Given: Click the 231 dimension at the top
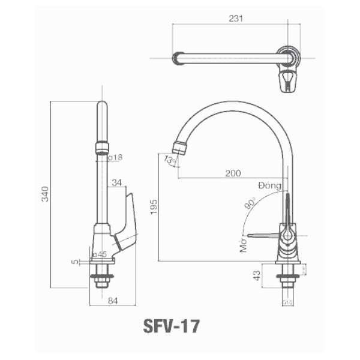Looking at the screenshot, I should [x=236, y=18].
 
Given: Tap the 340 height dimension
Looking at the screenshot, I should [x=45, y=194].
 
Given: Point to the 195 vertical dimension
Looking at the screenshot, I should [x=154, y=207].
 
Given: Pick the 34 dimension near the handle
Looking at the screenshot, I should [x=116, y=182].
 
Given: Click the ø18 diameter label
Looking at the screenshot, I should [x=115, y=157].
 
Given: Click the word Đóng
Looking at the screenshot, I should [x=270, y=185].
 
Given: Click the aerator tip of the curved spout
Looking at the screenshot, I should [x=179, y=147].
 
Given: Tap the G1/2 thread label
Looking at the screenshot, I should [x=287, y=303].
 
